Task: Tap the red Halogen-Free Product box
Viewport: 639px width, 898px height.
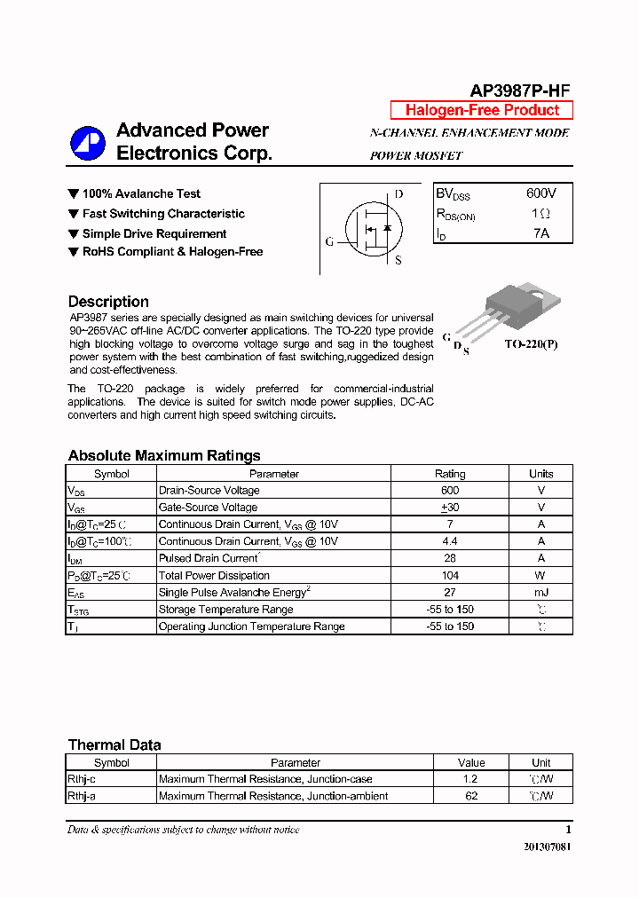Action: tap(482, 110)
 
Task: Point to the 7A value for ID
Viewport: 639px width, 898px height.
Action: tap(540, 233)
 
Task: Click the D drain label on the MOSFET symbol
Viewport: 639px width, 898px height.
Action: tap(398, 194)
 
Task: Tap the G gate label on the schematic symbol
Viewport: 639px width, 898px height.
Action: tap(329, 241)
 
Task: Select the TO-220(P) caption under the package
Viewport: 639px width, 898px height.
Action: tap(532, 343)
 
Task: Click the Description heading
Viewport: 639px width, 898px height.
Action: tap(108, 302)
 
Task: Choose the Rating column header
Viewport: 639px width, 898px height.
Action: tap(450, 474)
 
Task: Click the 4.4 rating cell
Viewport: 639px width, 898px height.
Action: tap(450, 541)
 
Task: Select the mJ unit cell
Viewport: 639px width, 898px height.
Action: tap(540, 592)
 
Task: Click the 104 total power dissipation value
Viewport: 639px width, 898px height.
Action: tap(450, 575)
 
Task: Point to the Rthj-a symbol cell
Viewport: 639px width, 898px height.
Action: tap(82, 796)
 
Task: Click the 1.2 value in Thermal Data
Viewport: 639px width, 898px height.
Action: tap(470, 779)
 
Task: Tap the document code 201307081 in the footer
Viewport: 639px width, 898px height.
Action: tap(548, 847)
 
